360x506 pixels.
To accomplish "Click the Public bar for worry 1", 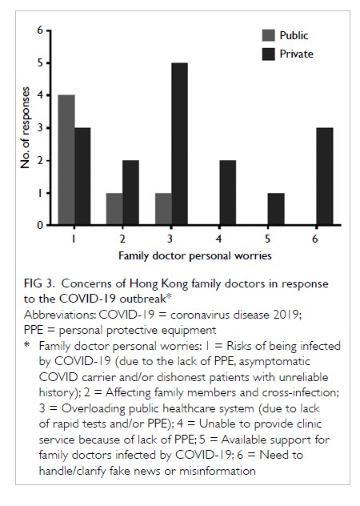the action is (x=66, y=160).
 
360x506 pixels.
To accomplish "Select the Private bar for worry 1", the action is (x=82, y=176).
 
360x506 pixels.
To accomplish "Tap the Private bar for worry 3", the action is (x=180, y=143).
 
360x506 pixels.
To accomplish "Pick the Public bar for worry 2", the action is (x=114, y=209).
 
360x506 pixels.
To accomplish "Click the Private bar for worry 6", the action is (x=325, y=176).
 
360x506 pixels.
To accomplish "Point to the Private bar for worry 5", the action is (x=276, y=209).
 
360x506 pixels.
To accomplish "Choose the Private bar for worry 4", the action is (x=228, y=192).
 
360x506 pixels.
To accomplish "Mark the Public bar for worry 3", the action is (x=163, y=209).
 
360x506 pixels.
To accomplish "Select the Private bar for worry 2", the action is (x=131, y=192).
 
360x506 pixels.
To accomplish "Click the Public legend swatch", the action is (x=268, y=35).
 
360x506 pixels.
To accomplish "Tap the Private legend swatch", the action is (x=268, y=54).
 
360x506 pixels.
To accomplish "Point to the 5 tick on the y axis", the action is (x=49, y=63).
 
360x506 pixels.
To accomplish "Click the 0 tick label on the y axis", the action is (x=40, y=225).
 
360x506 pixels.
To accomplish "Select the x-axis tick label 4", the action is (x=218, y=239).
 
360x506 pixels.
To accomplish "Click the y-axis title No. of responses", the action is (x=25, y=128).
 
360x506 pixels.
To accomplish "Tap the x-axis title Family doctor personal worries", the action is (x=195, y=256).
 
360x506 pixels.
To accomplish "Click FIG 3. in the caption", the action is (x=38, y=283).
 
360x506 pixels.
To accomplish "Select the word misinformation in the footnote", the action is (x=218, y=471).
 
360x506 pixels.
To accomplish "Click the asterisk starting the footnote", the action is (x=26, y=344).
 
